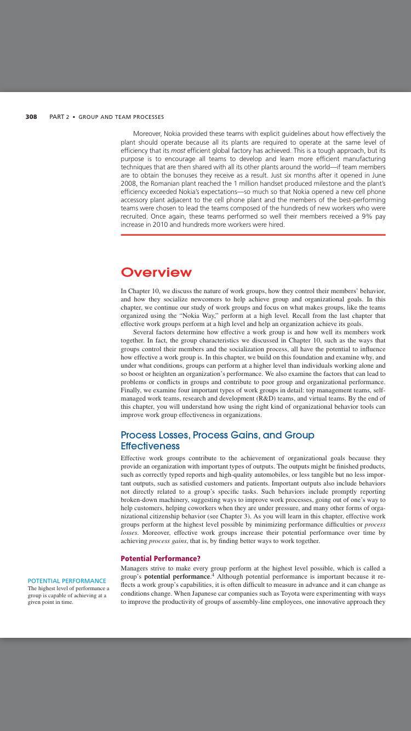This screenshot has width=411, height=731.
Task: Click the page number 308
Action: coord(31,117)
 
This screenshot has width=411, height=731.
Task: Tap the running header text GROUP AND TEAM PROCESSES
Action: coord(121,117)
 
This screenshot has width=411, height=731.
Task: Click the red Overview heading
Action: coord(156,272)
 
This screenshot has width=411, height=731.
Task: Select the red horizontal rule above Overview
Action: coord(253,235)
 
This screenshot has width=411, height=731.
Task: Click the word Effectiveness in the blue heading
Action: coord(150,446)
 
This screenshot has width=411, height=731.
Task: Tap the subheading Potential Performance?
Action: coord(161,558)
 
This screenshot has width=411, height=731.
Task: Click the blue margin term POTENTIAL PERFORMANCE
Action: coord(67,581)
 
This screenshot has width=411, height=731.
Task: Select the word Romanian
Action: coord(164,184)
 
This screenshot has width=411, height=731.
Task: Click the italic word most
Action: coord(178,150)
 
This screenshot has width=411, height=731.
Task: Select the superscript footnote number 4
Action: coord(212,575)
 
